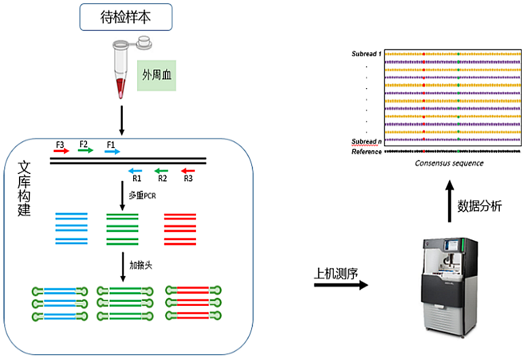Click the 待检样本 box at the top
[x=126, y=18]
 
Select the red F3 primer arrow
[x=62, y=151]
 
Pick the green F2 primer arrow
[x=86, y=151]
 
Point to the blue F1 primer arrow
[x=112, y=151]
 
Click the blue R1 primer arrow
[x=135, y=171]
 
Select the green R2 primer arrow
[x=161, y=171]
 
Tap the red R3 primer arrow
[x=188, y=171]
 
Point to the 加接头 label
[x=141, y=266]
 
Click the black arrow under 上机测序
[x=340, y=285]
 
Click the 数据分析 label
[x=480, y=206]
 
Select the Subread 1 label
[x=367, y=54]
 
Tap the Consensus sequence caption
[x=449, y=163]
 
